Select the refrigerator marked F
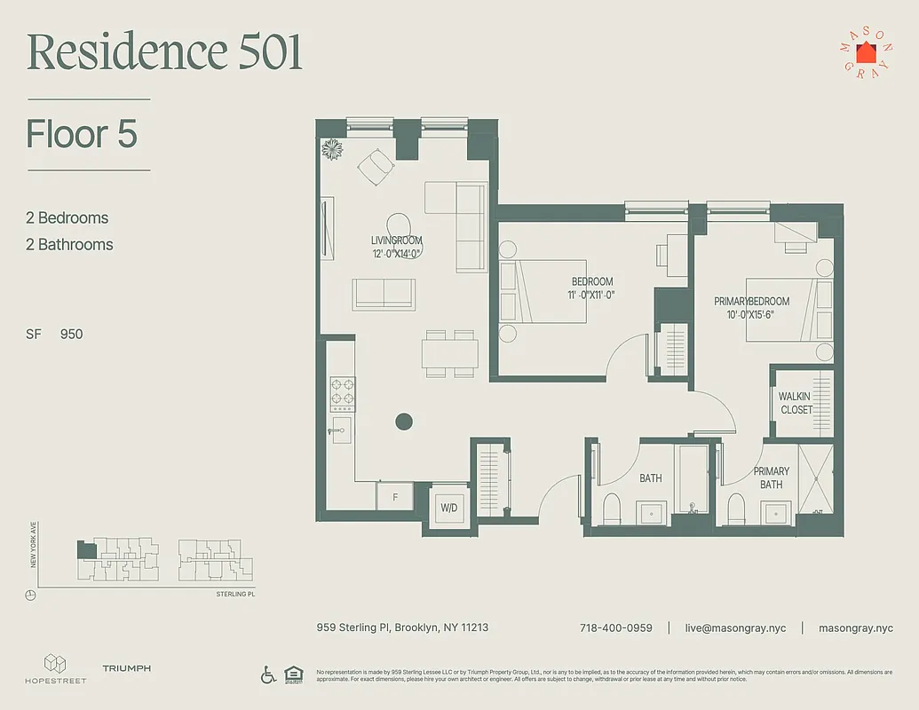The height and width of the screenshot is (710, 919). [x=394, y=497]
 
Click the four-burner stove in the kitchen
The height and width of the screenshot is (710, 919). [x=343, y=394]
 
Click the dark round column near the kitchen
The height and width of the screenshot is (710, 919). [x=404, y=422]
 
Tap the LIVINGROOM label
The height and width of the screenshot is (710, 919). [x=396, y=241]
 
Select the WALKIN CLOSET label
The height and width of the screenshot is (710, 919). [x=796, y=403]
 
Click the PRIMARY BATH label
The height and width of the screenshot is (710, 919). [x=771, y=477]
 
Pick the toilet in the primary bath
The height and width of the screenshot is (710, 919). [x=735, y=509]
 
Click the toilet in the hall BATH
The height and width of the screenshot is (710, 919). [x=611, y=509]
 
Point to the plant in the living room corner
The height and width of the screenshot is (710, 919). [x=333, y=149]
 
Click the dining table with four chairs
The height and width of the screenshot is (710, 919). [x=449, y=353]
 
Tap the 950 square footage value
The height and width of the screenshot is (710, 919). [x=71, y=335]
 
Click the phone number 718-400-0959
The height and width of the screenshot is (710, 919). [x=615, y=627]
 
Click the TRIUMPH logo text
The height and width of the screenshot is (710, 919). [x=126, y=668]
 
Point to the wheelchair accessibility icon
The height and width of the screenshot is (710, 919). [x=268, y=674]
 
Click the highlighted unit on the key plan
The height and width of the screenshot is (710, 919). [x=86, y=549]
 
